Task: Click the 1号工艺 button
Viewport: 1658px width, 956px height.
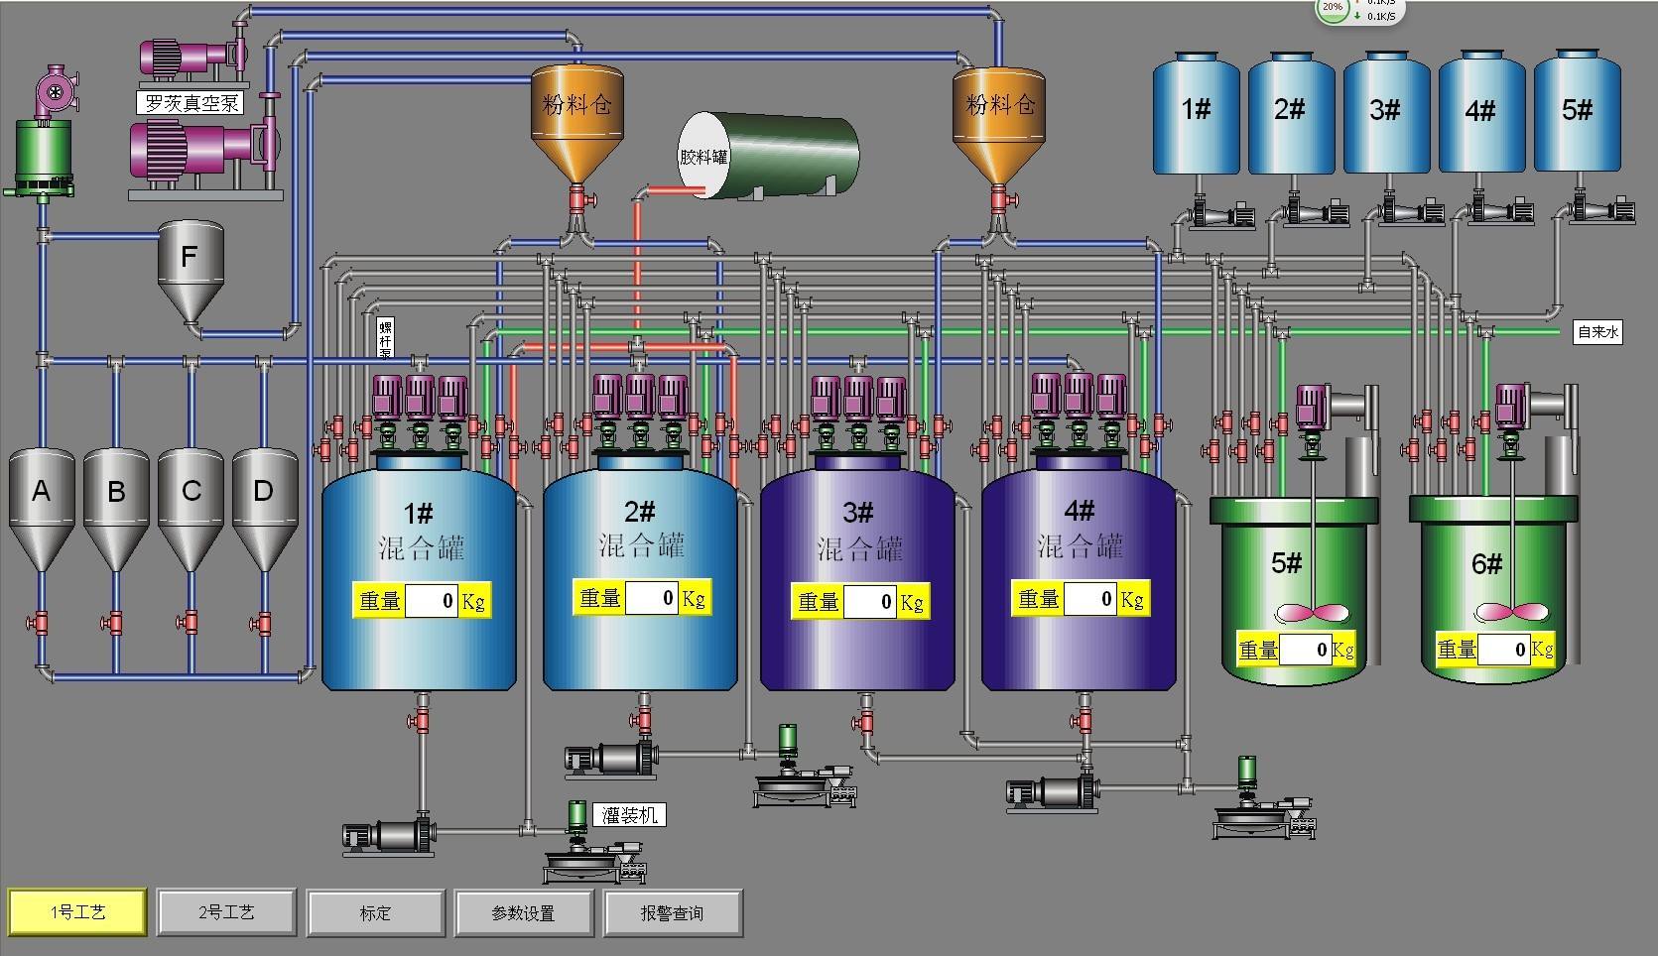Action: click(77, 912)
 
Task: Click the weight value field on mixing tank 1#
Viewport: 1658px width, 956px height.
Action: click(432, 601)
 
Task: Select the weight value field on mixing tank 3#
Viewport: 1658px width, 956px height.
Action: click(870, 602)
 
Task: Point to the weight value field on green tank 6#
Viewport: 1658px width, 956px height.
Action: click(1504, 651)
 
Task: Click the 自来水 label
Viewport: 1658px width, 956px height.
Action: click(1597, 332)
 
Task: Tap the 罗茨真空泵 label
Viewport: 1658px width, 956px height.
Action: click(191, 103)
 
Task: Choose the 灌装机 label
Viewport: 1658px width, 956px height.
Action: click(630, 815)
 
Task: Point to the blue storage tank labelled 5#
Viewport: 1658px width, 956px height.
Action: click(1577, 114)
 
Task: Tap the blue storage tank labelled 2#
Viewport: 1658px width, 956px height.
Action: click(1290, 114)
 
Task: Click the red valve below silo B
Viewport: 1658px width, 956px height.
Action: click(115, 623)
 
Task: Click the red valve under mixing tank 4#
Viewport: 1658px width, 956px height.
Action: click(1084, 717)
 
